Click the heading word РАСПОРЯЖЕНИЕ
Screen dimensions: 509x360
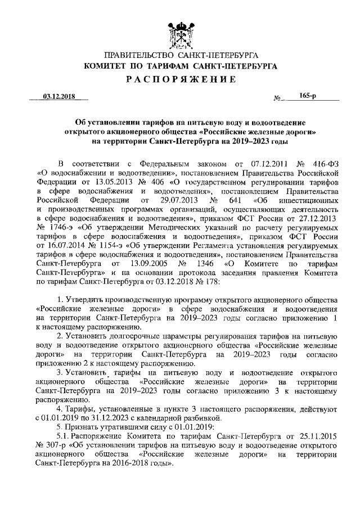tap(180, 79)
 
